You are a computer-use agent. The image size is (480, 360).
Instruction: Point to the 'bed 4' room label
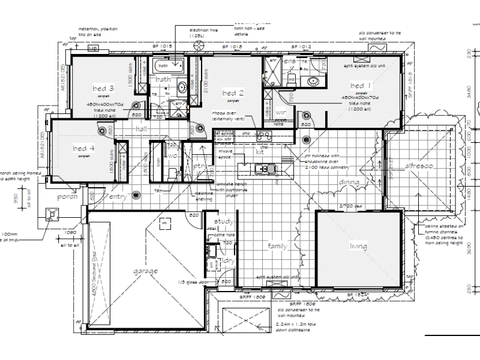point(83,148)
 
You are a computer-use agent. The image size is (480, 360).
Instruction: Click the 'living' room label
point(359,246)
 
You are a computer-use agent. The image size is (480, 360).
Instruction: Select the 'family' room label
point(278,246)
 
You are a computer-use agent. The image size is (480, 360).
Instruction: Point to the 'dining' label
point(349,182)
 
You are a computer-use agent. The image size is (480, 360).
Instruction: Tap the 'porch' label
point(67,197)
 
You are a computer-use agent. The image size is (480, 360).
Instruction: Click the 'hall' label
point(141,129)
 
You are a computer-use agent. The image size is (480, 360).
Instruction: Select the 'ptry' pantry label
point(200,166)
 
